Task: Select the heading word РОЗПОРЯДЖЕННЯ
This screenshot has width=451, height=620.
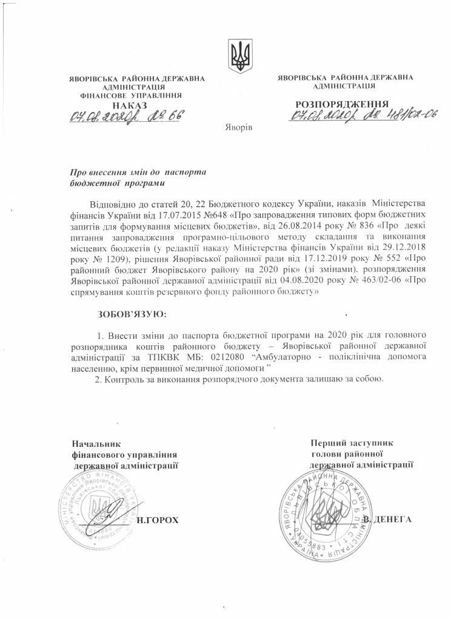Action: click(x=342, y=104)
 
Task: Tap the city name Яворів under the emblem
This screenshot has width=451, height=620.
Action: click(x=238, y=128)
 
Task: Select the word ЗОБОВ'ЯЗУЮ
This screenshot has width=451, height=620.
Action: click(x=131, y=315)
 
